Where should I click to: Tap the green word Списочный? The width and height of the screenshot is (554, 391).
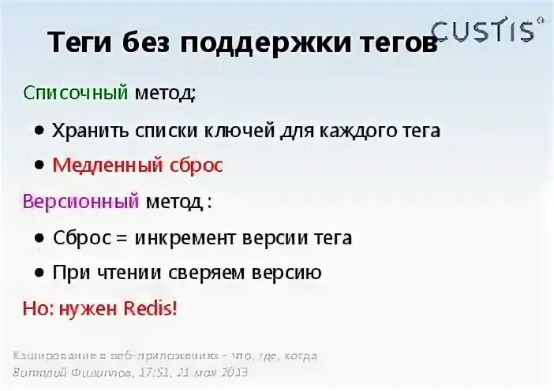76,93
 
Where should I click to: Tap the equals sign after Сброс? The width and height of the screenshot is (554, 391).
122,237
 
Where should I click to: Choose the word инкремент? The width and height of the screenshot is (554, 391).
185,237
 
